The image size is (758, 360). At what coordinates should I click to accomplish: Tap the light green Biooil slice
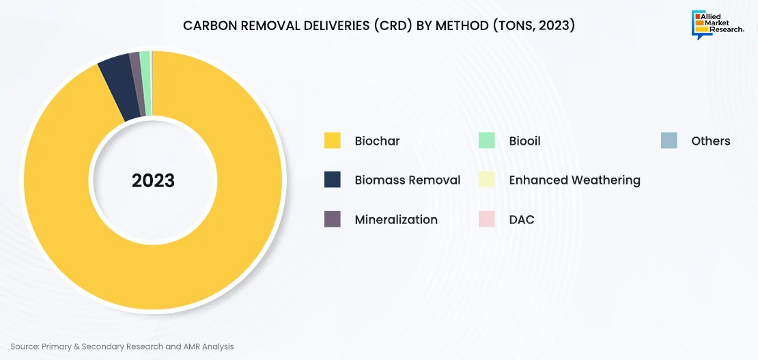tap(145, 83)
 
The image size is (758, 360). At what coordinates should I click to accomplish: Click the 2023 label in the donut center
tap(153, 180)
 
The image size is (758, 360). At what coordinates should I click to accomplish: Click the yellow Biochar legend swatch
tap(333, 140)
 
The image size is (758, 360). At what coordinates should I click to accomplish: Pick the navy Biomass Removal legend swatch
tap(333, 180)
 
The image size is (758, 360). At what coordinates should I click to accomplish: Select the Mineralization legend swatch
tap(333, 219)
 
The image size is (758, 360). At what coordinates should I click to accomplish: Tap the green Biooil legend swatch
tap(487, 140)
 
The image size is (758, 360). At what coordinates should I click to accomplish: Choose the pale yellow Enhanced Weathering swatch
tap(487, 180)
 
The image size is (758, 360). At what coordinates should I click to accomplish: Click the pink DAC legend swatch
tap(487, 219)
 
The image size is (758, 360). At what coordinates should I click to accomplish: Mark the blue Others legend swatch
tap(669, 140)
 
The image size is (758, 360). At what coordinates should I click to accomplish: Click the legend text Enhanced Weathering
tap(575, 180)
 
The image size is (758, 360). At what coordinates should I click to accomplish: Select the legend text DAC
tap(522, 220)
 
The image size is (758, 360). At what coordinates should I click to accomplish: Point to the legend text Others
tap(711, 141)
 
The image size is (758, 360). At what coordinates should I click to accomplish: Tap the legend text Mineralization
tap(396, 220)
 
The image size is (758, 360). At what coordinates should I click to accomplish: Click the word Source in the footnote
tap(24, 346)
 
